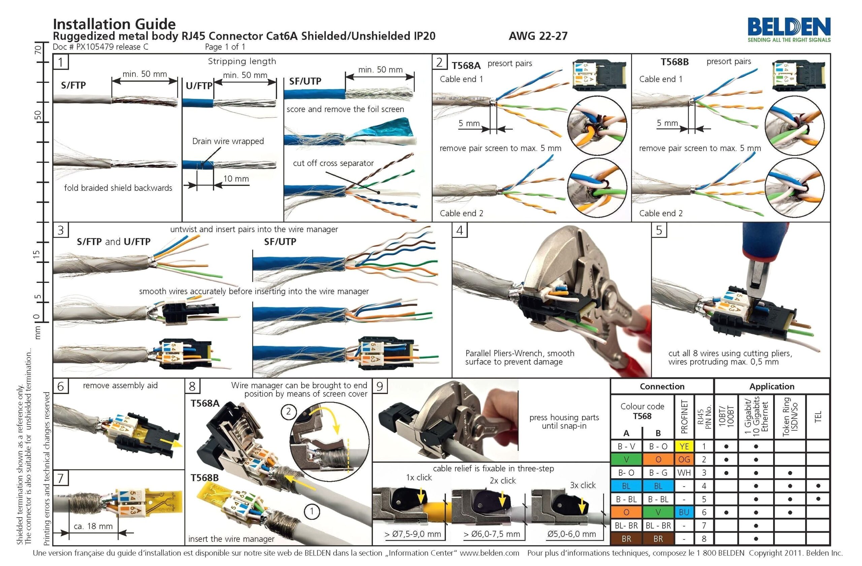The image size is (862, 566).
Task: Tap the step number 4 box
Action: click(459, 230)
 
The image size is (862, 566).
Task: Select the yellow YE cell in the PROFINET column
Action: click(684, 446)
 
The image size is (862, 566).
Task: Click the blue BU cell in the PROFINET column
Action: click(684, 512)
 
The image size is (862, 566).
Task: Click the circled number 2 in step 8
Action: click(288, 411)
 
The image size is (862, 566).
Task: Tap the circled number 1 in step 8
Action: click(311, 512)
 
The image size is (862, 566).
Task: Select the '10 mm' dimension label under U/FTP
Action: click(236, 178)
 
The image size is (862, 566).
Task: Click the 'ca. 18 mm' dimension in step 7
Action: click(93, 526)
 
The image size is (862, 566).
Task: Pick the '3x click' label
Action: click(583, 485)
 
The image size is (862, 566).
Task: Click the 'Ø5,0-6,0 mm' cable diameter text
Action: click(571, 534)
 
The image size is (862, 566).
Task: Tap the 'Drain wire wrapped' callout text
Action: click(228, 141)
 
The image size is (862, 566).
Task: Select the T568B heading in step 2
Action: click(674, 62)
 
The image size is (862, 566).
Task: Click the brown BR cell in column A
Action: click(626, 538)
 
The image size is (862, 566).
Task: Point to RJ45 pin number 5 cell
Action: click(704, 499)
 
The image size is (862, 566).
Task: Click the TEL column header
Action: click(818, 417)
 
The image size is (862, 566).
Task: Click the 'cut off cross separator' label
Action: click(333, 163)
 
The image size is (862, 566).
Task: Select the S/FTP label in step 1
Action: click(73, 86)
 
